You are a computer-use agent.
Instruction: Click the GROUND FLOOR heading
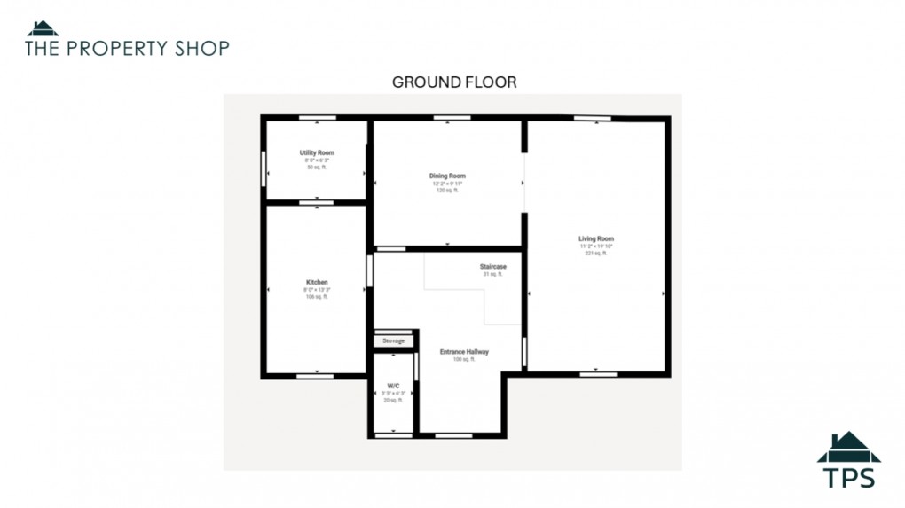(454, 82)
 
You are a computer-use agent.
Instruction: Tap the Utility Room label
(316, 153)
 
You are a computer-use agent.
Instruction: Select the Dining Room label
(446, 176)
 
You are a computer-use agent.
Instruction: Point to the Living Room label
(595, 239)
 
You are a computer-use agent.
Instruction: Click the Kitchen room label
(316, 283)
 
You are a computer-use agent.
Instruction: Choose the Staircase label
(492, 267)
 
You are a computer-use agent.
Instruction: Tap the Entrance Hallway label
(464, 352)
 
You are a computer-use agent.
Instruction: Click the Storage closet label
(393, 341)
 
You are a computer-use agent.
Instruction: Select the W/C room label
(393, 387)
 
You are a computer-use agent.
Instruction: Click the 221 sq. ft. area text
(595, 254)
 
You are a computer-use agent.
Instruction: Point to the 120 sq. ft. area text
(446, 191)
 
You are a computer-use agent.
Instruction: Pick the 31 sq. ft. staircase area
(492, 275)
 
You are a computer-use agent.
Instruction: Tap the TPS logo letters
(849, 477)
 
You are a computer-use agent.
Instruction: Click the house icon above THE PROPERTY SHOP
(43, 28)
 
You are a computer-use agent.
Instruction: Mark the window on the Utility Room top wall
(316, 118)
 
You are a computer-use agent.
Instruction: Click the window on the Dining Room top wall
(452, 118)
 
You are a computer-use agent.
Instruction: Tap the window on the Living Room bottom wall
(598, 374)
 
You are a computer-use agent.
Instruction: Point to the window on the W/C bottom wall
(393, 435)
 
